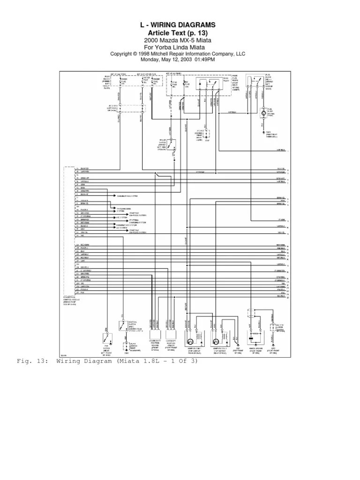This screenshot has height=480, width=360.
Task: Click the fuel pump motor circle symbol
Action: pos(264,112)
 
